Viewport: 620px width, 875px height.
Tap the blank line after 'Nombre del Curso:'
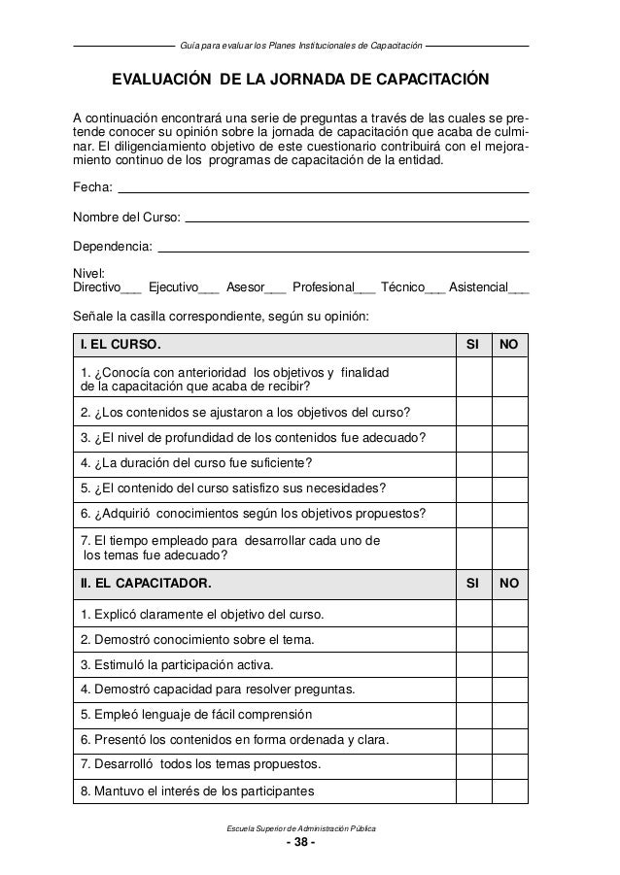tap(357, 219)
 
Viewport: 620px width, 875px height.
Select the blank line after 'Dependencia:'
tap(343, 252)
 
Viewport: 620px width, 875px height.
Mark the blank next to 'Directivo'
tap(131, 288)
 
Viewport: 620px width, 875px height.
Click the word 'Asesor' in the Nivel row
tap(244, 287)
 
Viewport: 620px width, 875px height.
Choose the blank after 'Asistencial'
tap(519, 288)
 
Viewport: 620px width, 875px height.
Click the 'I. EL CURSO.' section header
tap(114, 344)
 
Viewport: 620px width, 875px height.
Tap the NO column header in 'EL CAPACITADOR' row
tap(508, 584)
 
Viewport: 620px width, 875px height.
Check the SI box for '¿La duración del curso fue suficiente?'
tap(473, 461)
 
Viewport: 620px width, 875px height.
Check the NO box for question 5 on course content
tap(508, 488)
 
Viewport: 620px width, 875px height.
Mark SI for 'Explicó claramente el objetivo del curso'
tap(473, 615)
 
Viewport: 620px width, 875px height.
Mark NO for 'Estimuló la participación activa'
tap(508, 664)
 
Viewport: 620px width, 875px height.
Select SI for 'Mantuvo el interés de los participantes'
tap(473, 791)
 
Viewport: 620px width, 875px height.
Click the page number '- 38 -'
tap(299, 842)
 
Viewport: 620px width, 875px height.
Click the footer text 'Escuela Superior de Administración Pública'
tap(300, 826)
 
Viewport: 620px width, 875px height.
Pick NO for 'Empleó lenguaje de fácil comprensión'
tap(508, 715)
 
